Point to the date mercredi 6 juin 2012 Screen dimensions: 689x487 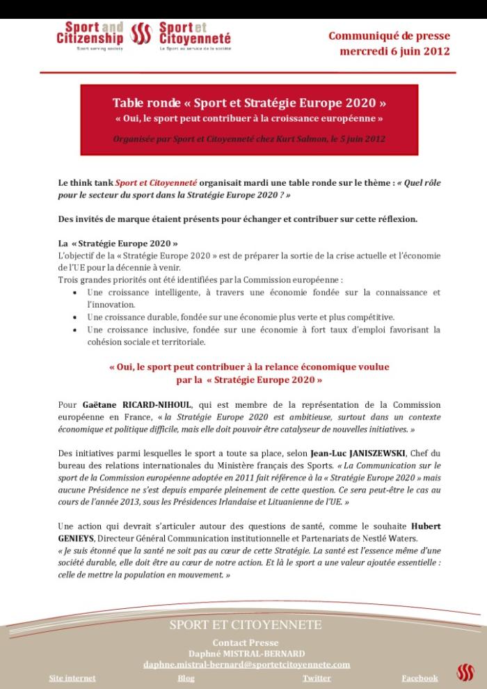pyautogui.click(x=394, y=52)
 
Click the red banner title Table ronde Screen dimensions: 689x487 pyautogui.click(x=250, y=104)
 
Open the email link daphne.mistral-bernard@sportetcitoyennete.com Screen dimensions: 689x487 pyautogui.click(x=246, y=665)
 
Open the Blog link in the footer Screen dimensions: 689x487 pyautogui.click(x=186, y=677)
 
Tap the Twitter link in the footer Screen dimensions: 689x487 pyautogui.click(x=317, y=677)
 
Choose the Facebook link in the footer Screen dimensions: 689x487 pyautogui.click(x=420, y=677)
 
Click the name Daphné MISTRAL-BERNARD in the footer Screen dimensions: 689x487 pyautogui.click(x=246, y=653)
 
